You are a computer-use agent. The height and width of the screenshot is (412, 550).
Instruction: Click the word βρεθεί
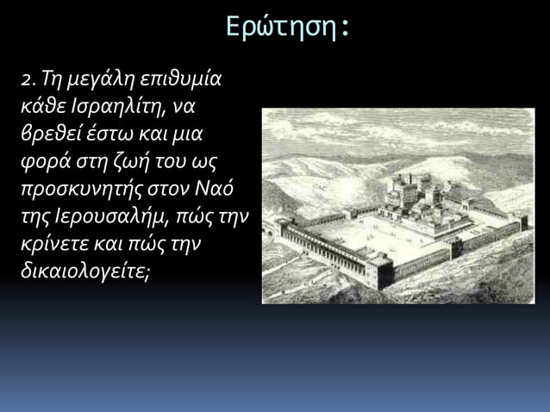[x=50, y=135]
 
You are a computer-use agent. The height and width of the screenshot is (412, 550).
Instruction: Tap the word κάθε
[x=43, y=108]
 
